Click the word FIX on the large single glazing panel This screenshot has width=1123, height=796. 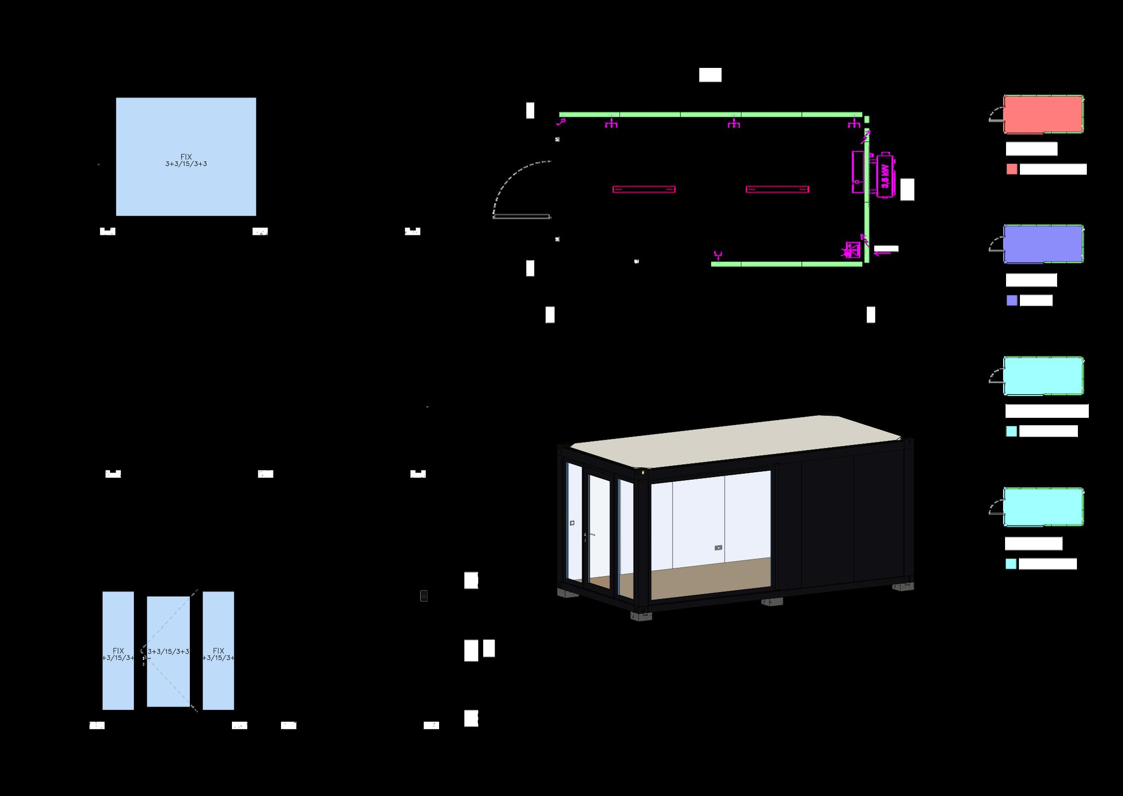click(186, 157)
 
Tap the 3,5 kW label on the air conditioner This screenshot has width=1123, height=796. click(885, 176)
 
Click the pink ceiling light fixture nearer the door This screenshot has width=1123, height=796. click(644, 189)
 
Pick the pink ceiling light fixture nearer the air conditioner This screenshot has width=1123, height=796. click(777, 189)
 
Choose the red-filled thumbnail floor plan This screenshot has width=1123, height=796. click(1043, 114)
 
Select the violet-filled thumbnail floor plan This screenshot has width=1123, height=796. click(1043, 244)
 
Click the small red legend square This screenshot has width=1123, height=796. click(1011, 170)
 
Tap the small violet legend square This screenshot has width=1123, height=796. click(1011, 300)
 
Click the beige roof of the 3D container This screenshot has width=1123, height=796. click(733, 441)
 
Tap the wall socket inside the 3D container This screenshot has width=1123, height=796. click(718, 548)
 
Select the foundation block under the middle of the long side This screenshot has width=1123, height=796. click(772, 602)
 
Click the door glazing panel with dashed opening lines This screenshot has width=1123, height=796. click(168, 651)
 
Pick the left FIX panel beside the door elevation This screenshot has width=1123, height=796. click(118, 650)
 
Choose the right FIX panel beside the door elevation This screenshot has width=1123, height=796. click(218, 650)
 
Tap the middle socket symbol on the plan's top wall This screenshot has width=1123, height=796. click(733, 123)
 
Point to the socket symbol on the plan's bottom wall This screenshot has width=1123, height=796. click(718, 256)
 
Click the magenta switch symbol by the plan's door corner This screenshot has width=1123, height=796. click(561, 121)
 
